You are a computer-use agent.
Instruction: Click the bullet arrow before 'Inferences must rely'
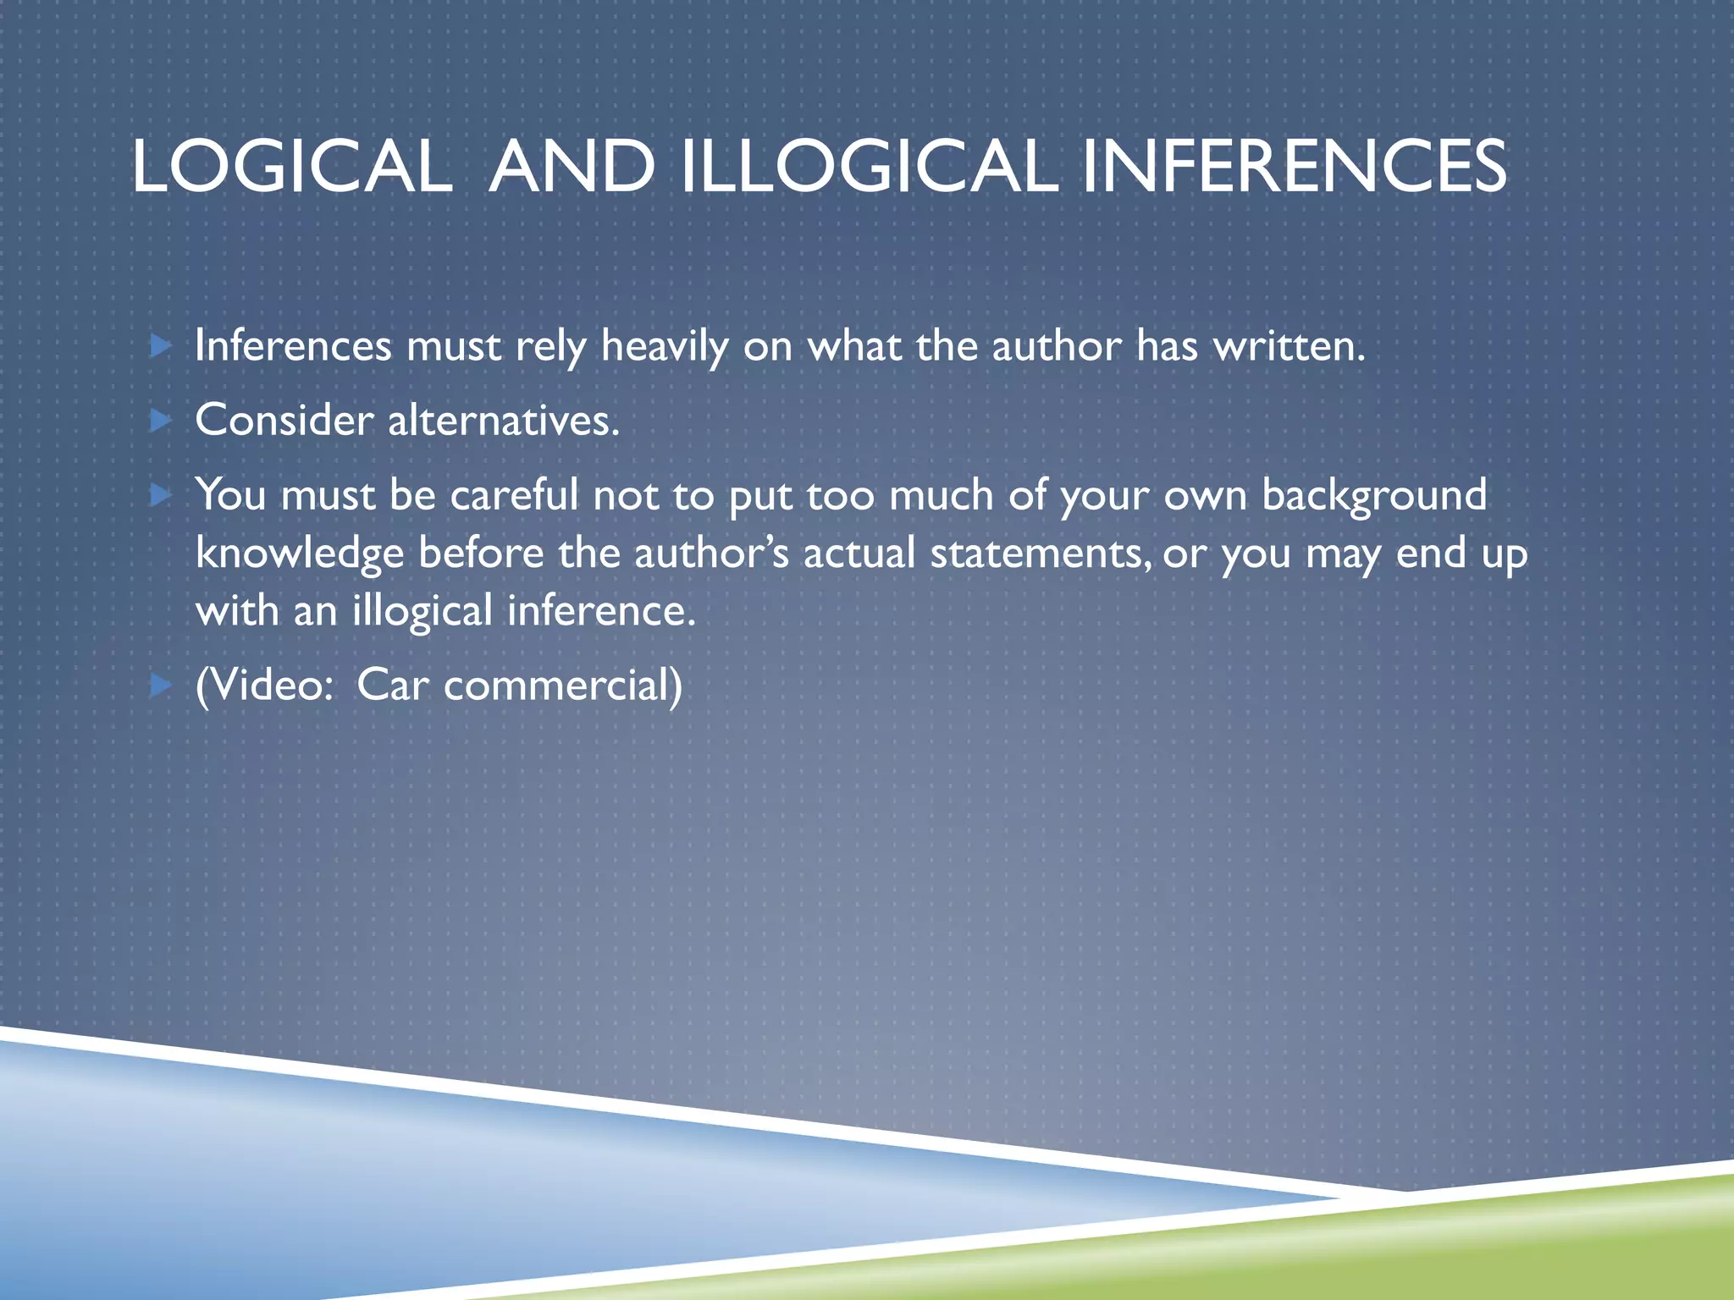160,345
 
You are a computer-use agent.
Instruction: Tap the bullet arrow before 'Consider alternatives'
160,420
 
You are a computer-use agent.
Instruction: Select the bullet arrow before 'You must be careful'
160,494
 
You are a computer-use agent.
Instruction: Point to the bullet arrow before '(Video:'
160,685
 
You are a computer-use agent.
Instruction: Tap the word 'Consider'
284,420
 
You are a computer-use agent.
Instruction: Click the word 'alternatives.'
504,420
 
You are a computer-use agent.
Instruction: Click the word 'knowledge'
300,554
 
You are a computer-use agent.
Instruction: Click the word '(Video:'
265,685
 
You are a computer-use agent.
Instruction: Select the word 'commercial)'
563,685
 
